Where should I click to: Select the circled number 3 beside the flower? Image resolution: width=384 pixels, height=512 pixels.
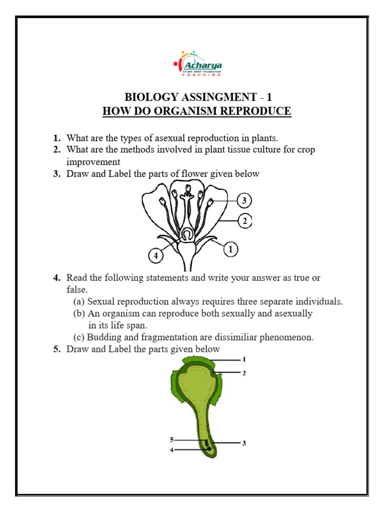(x=244, y=201)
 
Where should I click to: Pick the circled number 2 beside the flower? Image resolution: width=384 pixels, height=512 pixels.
(x=244, y=220)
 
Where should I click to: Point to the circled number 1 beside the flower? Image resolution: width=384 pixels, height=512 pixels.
(x=230, y=248)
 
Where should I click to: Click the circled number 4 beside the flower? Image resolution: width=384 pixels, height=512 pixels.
(x=156, y=256)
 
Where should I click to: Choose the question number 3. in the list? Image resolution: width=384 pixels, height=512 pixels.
(x=57, y=174)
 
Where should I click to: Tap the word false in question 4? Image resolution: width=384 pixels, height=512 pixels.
(x=76, y=289)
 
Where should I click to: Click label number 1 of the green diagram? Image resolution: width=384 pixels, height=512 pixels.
(x=244, y=359)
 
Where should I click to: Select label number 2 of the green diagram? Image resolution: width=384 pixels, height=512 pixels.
(x=244, y=373)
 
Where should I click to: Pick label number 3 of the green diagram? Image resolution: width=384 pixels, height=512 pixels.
(x=244, y=443)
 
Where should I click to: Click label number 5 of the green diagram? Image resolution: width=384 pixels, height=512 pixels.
(x=171, y=439)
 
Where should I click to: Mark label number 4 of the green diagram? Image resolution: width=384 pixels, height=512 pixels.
(x=171, y=449)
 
